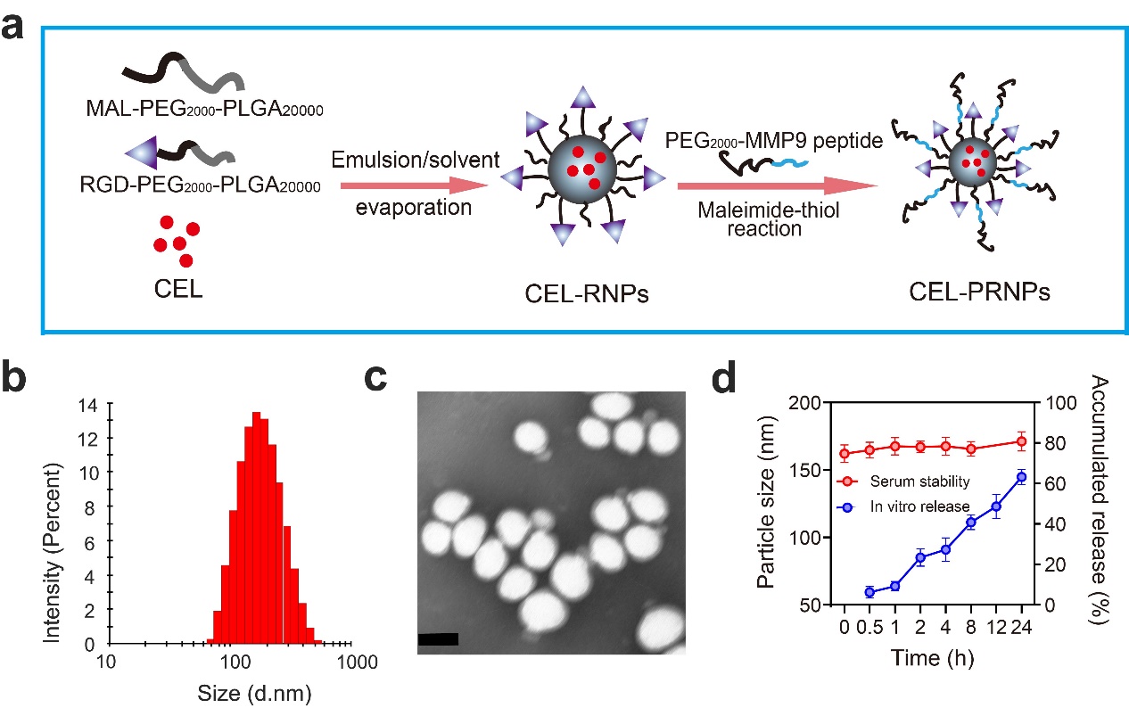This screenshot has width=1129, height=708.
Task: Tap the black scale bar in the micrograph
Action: click(x=438, y=638)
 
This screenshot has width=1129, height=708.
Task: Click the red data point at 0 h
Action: click(x=845, y=454)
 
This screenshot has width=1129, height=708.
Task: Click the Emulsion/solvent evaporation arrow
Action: click(x=414, y=185)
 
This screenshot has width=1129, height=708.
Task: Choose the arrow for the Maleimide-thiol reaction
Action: click(x=772, y=185)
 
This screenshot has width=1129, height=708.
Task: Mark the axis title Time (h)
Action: click(x=931, y=658)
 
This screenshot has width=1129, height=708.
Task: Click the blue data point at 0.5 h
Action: click(x=869, y=592)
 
